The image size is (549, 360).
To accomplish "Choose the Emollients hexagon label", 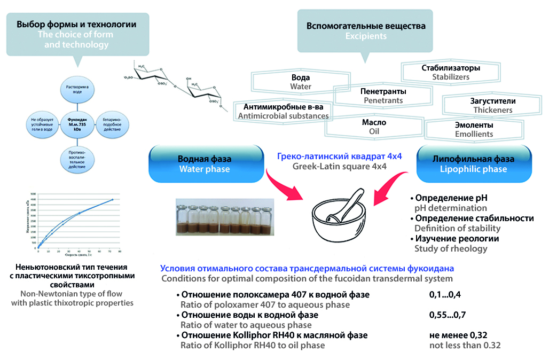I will [474, 129].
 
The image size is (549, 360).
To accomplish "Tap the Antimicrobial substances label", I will [284, 111].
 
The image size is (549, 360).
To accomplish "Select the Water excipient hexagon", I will [300, 82].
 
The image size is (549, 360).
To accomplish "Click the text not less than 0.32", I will [465, 345].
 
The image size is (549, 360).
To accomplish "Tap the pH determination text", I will [450, 208].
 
